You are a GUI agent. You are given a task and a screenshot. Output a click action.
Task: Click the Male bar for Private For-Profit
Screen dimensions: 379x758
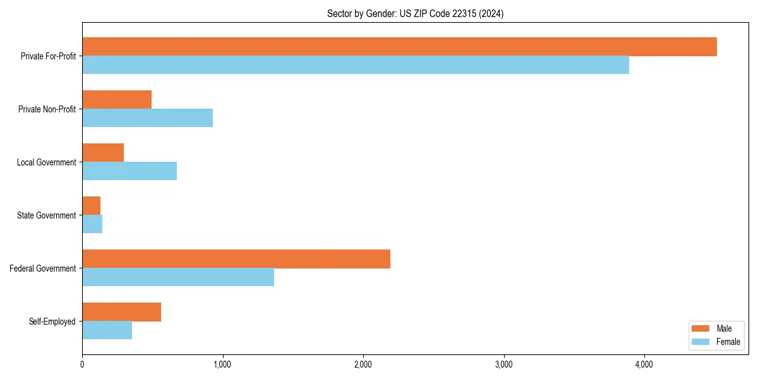click(399, 47)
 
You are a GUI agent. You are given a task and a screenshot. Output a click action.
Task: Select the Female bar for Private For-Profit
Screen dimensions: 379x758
click(356, 65)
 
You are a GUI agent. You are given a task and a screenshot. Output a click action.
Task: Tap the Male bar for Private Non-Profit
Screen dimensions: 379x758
click(117, 100)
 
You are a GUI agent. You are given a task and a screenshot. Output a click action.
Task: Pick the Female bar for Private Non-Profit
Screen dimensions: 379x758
click(147, 118)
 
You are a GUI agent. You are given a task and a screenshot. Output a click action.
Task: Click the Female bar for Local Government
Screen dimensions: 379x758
click(129, 171)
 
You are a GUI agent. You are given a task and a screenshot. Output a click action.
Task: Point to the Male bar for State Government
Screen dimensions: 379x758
click(92, 206)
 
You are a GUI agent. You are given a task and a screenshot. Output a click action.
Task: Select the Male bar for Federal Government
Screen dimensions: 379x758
click(236, 259)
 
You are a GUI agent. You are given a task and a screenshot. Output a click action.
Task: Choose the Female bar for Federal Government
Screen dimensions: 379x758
click(178, 277)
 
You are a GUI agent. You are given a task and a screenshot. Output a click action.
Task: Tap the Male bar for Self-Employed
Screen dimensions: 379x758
click(121, 312)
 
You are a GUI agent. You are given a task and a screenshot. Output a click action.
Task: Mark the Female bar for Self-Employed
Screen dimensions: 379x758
click(107, 330)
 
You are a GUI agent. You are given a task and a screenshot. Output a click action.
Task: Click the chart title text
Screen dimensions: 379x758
click(415, 13)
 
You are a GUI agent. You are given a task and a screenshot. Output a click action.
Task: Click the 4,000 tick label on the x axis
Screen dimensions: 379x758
click(644, 364)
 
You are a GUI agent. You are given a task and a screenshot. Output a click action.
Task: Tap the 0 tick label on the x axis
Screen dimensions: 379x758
click(82, 364)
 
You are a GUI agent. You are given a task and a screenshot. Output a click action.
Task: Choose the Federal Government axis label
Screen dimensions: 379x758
click(43, 268)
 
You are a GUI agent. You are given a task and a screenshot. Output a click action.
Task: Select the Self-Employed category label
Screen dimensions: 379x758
click(52, 322)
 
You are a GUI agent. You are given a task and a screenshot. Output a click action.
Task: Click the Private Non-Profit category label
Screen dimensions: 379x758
click(47, 109)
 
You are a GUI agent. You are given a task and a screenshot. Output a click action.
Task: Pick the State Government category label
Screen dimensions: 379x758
click(47, 215)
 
